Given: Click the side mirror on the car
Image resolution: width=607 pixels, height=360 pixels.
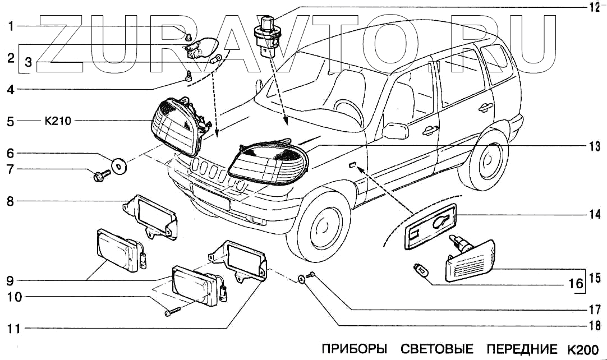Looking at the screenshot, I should pyautogui.click(x=394, y=131).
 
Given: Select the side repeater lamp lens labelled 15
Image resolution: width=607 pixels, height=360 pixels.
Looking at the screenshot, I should pyautogui.click(x=470, y=261).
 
